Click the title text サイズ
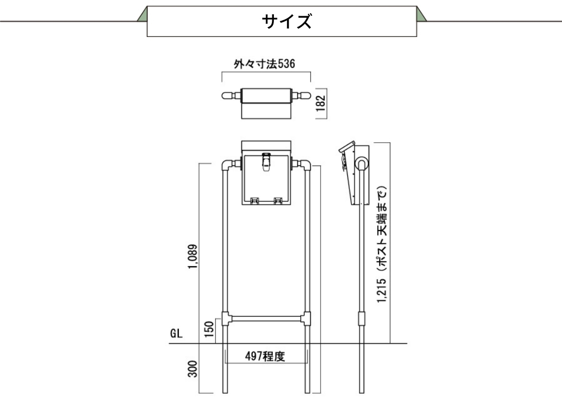287,21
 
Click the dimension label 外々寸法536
264,64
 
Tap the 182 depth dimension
321,103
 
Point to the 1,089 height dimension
192,257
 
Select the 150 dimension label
209,329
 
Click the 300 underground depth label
192,369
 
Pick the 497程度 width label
265,356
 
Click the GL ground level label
176,334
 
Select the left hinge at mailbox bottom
254,201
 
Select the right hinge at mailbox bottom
278,201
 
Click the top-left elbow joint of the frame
227,165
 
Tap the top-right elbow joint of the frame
305,165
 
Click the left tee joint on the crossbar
226,318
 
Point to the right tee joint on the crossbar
306,318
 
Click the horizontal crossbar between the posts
266,318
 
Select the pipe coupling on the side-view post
362,318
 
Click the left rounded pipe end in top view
227,96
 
